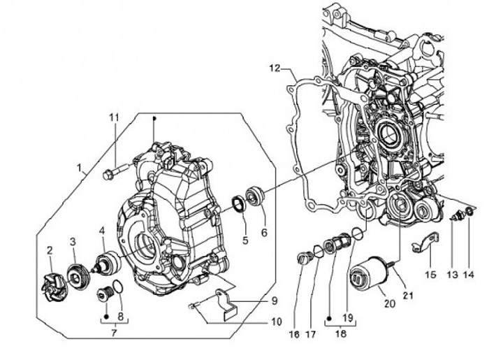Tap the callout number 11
[x=114, y=117]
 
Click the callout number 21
[x=407, y=296]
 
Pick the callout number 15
[x=430, y=275]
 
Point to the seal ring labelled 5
[x=239, y=203]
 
